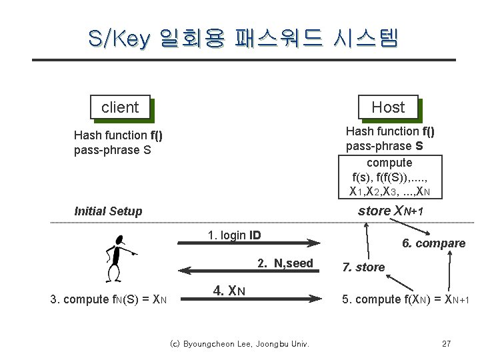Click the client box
120,107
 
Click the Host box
388,107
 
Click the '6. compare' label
433,243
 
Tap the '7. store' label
363,267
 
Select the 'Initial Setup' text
108,211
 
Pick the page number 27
447,344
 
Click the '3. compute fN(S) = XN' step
109,299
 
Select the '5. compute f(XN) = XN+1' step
405,299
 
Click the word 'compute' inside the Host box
389,163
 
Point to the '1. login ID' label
234,235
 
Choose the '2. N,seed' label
285,263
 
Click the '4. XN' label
229,291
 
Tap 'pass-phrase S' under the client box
113,150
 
